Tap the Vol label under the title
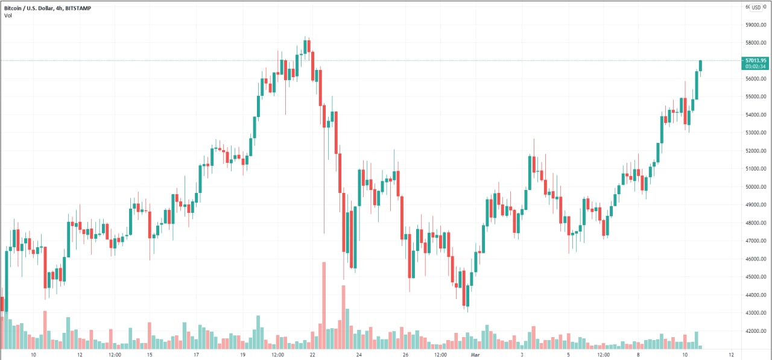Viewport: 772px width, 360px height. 8,15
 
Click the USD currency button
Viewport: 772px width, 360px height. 756,7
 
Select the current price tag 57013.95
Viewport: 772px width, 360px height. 756,60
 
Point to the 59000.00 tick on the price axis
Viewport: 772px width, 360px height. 756,25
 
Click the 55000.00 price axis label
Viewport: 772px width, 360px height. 756,96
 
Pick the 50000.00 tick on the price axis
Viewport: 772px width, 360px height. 756,187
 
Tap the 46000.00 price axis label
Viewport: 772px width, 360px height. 756,259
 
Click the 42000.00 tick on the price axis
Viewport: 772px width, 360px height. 756,331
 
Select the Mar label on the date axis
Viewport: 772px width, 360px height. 475,355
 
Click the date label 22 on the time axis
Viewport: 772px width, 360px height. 312,355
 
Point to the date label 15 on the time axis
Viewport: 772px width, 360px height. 150,355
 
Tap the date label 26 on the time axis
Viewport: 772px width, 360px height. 405,355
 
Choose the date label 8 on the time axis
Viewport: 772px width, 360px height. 638,355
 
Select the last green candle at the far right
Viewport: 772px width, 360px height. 700,66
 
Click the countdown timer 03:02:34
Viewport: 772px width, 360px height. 756,66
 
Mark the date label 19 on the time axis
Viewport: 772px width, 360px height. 242,355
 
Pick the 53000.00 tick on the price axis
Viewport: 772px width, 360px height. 756,133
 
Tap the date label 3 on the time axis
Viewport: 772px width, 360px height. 522,355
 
